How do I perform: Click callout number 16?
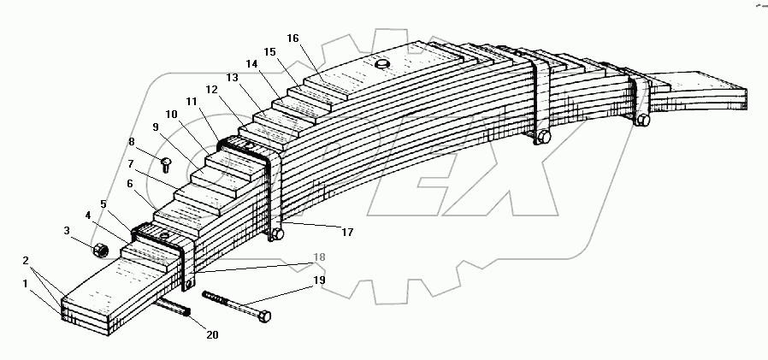(x=293, y=38)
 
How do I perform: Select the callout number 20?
(x=212, y=334)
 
